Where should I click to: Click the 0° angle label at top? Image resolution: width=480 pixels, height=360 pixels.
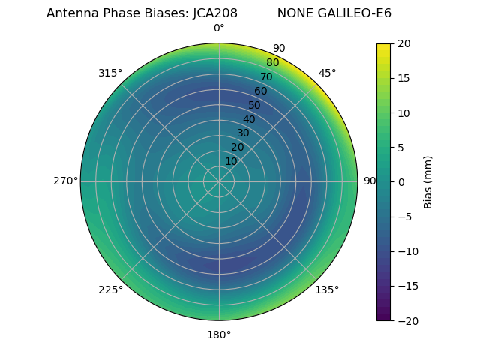coord(219,28)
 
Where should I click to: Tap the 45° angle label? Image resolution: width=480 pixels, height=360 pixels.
coord(328,73)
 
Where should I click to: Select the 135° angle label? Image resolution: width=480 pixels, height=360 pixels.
coord(327,289)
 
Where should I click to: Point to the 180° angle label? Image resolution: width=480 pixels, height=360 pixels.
coord(219,334)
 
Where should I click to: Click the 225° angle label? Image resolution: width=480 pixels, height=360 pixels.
coord(110,289)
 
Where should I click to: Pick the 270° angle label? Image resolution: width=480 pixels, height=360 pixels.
coord(65,181)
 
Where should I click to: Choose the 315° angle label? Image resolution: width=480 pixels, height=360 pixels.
coord(110,73)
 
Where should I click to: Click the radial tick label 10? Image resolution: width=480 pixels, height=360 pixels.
coord(231,161)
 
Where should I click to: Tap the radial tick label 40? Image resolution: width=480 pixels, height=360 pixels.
coord(249,119)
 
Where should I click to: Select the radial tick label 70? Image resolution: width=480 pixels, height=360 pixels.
coord(267,76)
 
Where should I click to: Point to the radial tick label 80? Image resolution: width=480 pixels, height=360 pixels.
coord(273,62)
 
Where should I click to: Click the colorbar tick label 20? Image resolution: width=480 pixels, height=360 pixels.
coord(403,43)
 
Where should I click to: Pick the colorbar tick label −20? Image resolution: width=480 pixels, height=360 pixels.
coord(400,320)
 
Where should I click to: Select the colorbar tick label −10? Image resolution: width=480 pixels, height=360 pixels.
coord(400,251)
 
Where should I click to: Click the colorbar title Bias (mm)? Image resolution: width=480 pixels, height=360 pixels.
coord(428,182)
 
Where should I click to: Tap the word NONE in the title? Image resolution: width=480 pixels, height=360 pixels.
coord(295,13)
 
